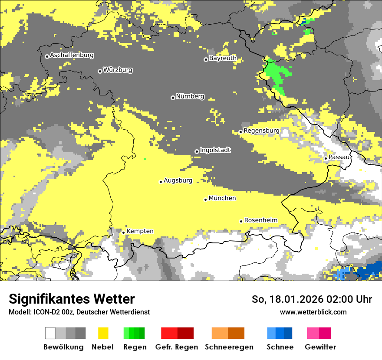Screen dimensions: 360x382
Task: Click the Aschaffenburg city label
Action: (x=72, y=55)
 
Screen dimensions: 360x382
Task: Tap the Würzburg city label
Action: (x=118, y=70)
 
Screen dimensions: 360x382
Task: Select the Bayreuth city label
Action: (x=223, y=58)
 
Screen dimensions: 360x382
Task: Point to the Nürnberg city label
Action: (x=190, y=96)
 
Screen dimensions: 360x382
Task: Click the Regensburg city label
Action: (x=261, y=131)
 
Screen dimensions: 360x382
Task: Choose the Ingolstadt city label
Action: (x=215, y=150)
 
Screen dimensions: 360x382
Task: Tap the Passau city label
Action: (x=339, y=157)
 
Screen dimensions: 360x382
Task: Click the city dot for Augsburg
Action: (x=161, y=182)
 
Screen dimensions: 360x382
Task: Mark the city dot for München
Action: (x=205, y=200)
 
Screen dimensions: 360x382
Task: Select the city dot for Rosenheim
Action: (x=241, y=221)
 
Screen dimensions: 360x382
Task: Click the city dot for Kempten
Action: (x=123, y=232)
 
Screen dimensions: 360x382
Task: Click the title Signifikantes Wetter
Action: (x=72, y=299)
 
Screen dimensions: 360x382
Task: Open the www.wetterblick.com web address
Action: (x=313, y=312)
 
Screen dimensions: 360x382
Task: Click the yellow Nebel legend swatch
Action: (x=103, y=333)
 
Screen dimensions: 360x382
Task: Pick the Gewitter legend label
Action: (x=320, y=347)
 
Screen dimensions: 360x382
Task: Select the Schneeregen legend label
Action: (x=229, y=347)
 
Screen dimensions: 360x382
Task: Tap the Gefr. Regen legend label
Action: (x=177, y=347)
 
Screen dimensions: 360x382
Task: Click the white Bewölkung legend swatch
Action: (x=50, y=333)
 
